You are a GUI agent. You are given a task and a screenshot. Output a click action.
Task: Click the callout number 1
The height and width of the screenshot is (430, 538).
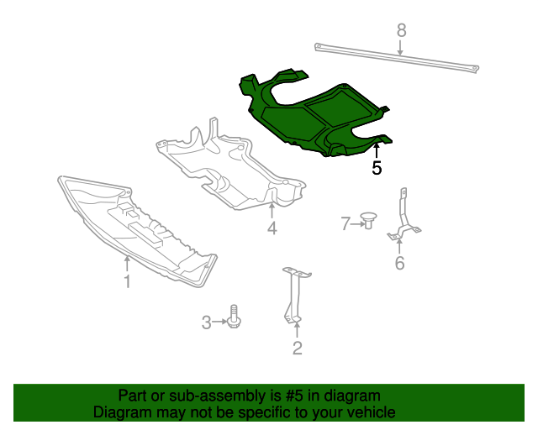coord(127,282)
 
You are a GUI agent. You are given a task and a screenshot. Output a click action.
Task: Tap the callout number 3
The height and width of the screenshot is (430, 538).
coord(206,322)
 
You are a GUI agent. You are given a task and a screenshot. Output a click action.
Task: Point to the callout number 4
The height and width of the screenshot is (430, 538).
coord(272,228)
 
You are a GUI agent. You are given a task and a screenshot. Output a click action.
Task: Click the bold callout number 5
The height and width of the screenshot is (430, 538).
coord(377,168)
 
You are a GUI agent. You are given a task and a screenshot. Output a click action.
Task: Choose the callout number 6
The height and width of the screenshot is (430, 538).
coord(399,264)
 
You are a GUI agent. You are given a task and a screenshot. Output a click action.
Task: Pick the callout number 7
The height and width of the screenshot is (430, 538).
coord(345,223)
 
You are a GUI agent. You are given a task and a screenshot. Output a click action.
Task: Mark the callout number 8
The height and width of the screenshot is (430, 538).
coord(401,30)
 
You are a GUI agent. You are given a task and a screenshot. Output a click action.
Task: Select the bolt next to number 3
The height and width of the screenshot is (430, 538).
coord(235,318)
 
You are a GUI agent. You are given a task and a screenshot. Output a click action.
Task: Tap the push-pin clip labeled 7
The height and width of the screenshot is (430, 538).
coord(367,222)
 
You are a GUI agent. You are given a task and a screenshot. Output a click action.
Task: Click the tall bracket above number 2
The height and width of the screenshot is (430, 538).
coord(295,294)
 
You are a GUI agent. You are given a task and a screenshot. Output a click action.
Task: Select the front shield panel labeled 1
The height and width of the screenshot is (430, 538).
coord(134,227)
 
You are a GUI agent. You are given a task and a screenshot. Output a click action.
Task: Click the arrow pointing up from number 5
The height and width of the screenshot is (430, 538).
coord(377,151)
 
